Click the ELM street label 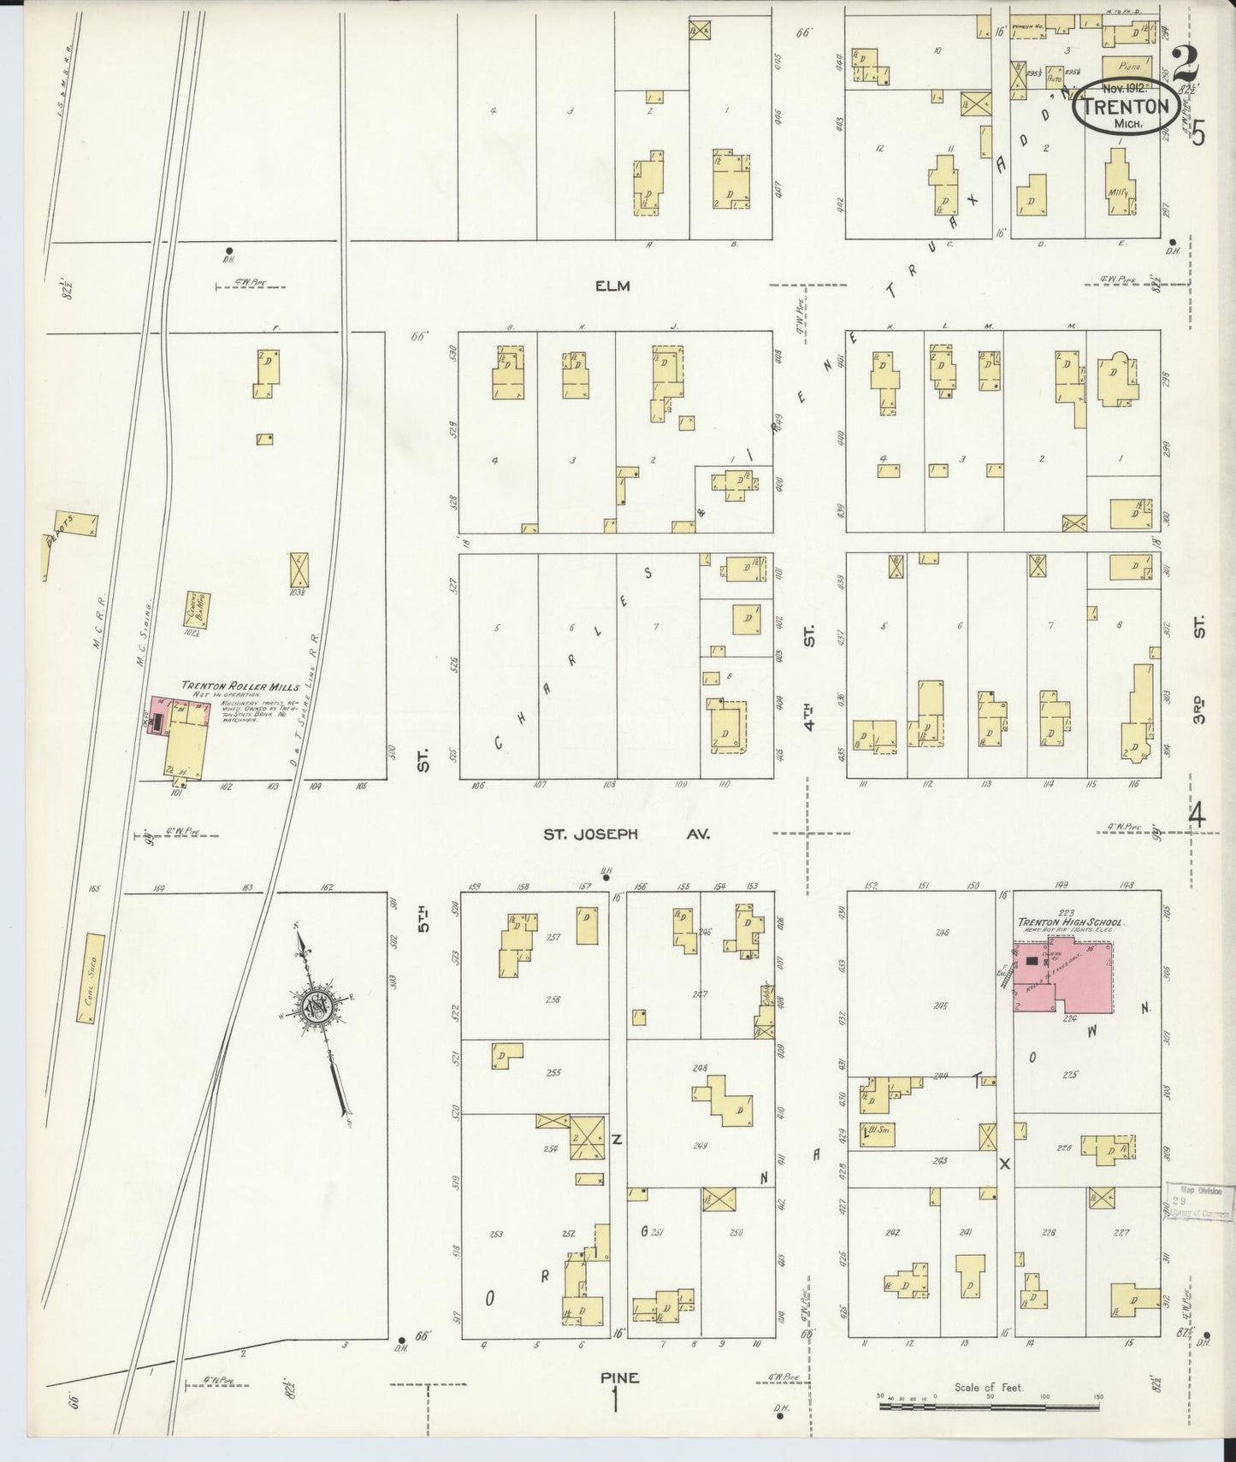612,286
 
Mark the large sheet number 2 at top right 1184,62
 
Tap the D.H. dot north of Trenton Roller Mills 228,251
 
